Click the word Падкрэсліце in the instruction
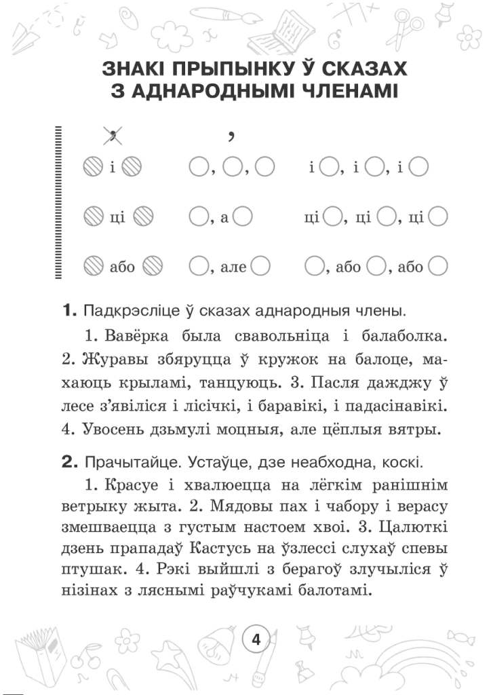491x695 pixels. click(127, 312)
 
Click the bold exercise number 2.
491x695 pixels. click(69, 463)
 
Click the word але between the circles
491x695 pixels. click(235, 267)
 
